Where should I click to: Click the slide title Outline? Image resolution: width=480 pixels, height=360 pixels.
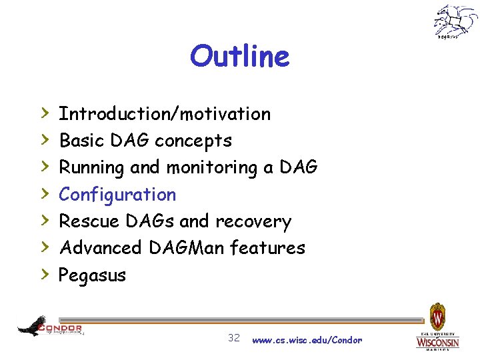239,57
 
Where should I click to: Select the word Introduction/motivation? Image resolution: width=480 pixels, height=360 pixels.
165,114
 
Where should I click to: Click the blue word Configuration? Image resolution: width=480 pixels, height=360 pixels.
117,195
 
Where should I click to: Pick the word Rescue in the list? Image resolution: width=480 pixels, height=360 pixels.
83,221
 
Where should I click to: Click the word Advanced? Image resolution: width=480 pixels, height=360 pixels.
101,248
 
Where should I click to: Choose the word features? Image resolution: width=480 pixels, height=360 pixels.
267,248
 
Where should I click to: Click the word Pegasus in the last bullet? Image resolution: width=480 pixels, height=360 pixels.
92,275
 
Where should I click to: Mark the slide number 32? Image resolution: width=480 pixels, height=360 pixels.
234,338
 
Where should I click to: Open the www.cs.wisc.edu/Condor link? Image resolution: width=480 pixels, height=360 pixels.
307,340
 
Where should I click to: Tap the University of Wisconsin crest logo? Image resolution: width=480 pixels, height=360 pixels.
437,327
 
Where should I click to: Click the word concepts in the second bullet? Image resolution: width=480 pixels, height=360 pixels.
193,141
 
